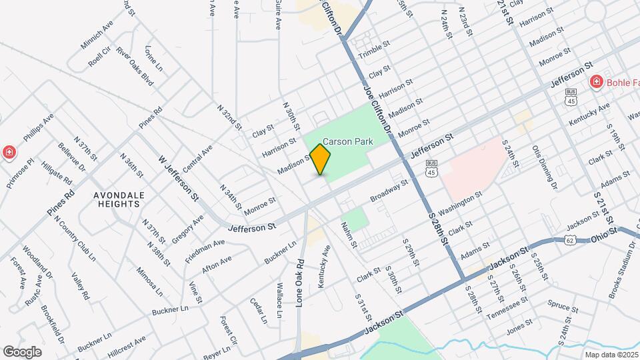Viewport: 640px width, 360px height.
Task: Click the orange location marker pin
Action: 321,159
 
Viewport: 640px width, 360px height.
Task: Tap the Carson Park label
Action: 343,141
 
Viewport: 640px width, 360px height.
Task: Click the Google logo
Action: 22,351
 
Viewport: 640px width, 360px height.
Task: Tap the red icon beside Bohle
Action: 597,82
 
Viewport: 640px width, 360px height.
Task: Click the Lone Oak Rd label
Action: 300,282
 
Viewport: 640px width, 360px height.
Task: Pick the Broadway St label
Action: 389,191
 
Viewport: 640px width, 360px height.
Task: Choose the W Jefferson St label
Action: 179,178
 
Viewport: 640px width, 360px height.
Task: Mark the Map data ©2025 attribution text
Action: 611,355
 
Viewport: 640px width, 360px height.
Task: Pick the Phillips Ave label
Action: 38,129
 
